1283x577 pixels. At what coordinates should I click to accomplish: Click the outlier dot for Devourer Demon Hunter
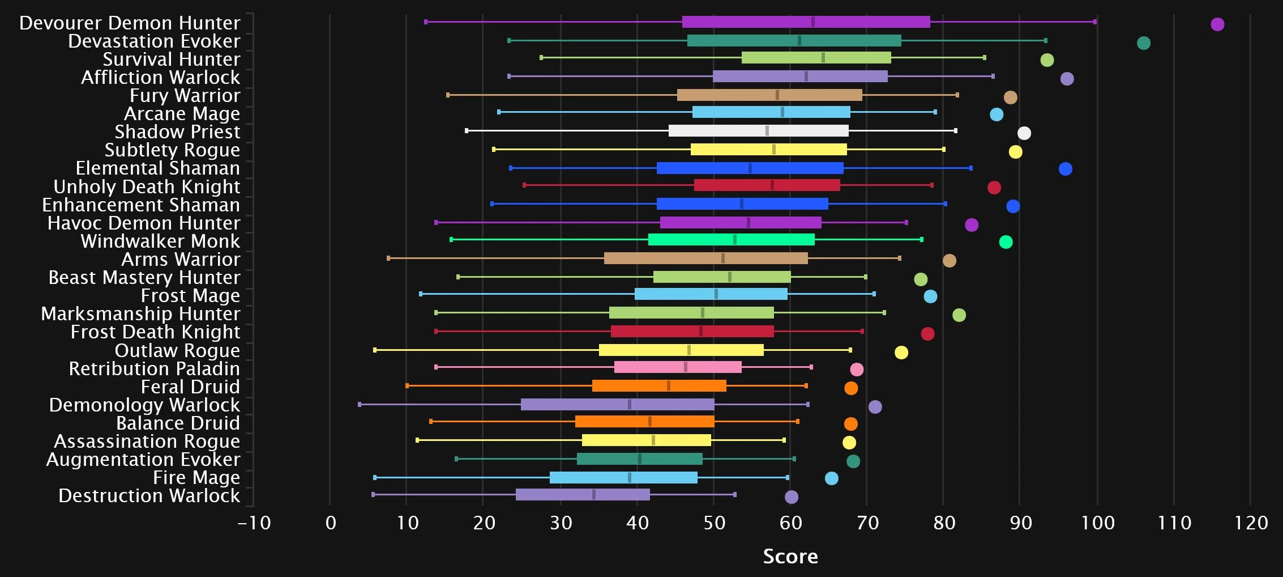pos(1217,24)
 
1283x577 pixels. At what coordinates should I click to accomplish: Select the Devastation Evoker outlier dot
pos(1144,43)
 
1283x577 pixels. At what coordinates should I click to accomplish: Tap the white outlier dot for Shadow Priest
pos(1024,133)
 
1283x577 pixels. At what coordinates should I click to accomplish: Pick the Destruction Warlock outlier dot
pos(792,497)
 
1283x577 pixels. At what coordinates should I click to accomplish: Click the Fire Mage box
pos(623,478)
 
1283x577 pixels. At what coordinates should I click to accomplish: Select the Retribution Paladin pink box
pos(678,367)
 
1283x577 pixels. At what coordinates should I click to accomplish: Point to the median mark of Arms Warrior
pos(723,258)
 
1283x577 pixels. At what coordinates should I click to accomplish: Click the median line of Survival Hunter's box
pos(823,58)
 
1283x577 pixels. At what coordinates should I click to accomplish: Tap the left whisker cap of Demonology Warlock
pos(360,405)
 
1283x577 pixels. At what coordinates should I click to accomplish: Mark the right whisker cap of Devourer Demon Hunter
pos(1095,22)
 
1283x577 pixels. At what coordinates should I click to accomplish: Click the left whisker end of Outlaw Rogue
pos(375,350)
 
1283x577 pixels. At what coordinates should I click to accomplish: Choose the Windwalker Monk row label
pos(160,241)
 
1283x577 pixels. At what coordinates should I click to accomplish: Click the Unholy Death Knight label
pos(147,187)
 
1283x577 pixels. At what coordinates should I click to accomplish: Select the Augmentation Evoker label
pos(143,460)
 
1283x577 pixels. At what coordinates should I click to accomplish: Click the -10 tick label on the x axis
pos(254,523)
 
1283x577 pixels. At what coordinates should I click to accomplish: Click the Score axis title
pos(790,557)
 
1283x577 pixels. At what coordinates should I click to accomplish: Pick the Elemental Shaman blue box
pos(750,168)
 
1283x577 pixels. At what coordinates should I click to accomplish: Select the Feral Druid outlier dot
pos(851,388)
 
